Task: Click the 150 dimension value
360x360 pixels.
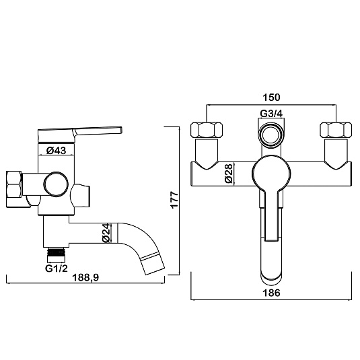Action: (x=271, y=98)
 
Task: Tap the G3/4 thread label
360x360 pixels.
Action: (x=271, y=113)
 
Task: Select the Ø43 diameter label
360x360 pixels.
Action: (x=56, y=150)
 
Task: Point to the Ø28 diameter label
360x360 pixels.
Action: (x=229, y=174)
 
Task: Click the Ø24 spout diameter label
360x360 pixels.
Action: (x=106, y=233)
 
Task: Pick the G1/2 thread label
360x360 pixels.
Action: (x=57, y=268)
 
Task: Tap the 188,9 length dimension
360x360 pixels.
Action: (x=85, y=277)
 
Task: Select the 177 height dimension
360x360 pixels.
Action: (x=175, y=200)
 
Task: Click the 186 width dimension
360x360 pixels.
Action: (x=271, y=293)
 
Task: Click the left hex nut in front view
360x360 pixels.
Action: (x=207, y=131)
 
